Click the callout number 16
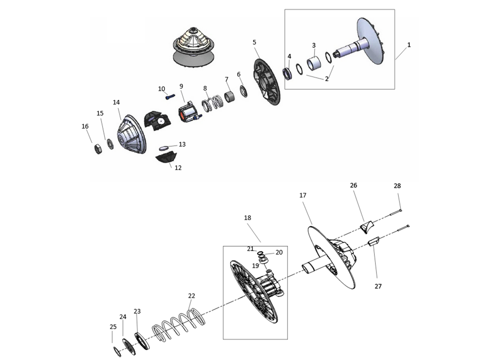pyautogui.click(x=85, y=126)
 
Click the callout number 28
pyautogui.click(x=397, y=186)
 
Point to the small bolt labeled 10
pyautogui.click(x=170, y=96)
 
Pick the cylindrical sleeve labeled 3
pyautogui.click(x=315, y=63)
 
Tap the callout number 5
pyautogui.click(x=254, y=42)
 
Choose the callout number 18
pyautogui.click(x=247, y=217)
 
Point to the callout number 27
pyautogui.click(x=378, y=286)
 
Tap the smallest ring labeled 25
pyautogui.click(x=116, y=351)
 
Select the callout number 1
pyautogui.click(x=409, y=45)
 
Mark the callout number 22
pyautogui.click(x=192, y=296)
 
